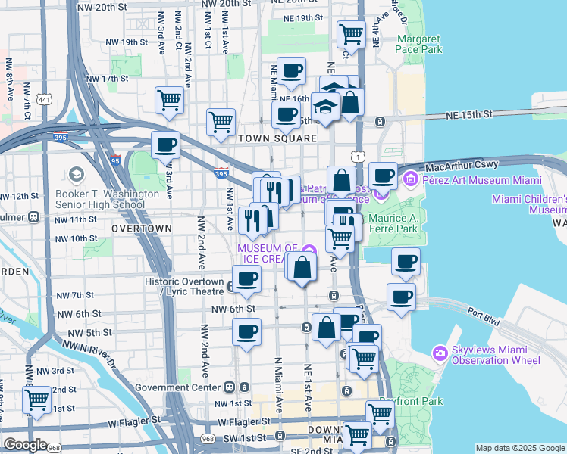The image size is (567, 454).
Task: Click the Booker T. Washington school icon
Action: tap(76, 176)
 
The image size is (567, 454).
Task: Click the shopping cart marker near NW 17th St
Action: tap(169, 99)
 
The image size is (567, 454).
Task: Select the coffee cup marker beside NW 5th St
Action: tap(246, 331)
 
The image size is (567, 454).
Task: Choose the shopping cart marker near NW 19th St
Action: tap(350, 33)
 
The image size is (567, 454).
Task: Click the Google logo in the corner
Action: tap(24, 445)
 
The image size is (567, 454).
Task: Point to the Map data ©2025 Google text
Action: tap(520, 448)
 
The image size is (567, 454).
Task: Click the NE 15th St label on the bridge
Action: tap(468, 113)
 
